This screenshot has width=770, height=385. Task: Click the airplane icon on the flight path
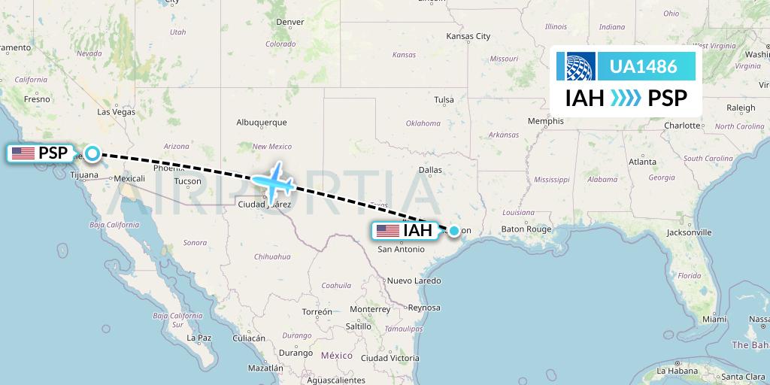(274, 180)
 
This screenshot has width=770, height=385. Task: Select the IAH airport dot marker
(454, 231)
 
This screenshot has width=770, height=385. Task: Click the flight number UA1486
(643, 67)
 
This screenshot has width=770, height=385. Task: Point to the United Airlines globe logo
(576, 67)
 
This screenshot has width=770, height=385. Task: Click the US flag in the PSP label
(23, 153)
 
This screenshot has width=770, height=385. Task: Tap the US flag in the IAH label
(388, 231)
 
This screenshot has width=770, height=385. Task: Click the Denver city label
(290, 22)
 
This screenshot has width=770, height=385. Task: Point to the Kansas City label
(468, 36)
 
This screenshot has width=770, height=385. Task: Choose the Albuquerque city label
(262, 122)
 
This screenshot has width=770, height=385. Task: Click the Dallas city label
(430, 170)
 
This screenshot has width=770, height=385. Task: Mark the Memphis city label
(545, 121)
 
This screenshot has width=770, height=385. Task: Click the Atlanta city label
(642, 161)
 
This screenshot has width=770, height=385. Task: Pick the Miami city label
(715, 320)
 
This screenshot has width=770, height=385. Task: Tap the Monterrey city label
(369, 309)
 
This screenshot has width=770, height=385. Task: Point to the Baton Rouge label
(527, 229)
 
